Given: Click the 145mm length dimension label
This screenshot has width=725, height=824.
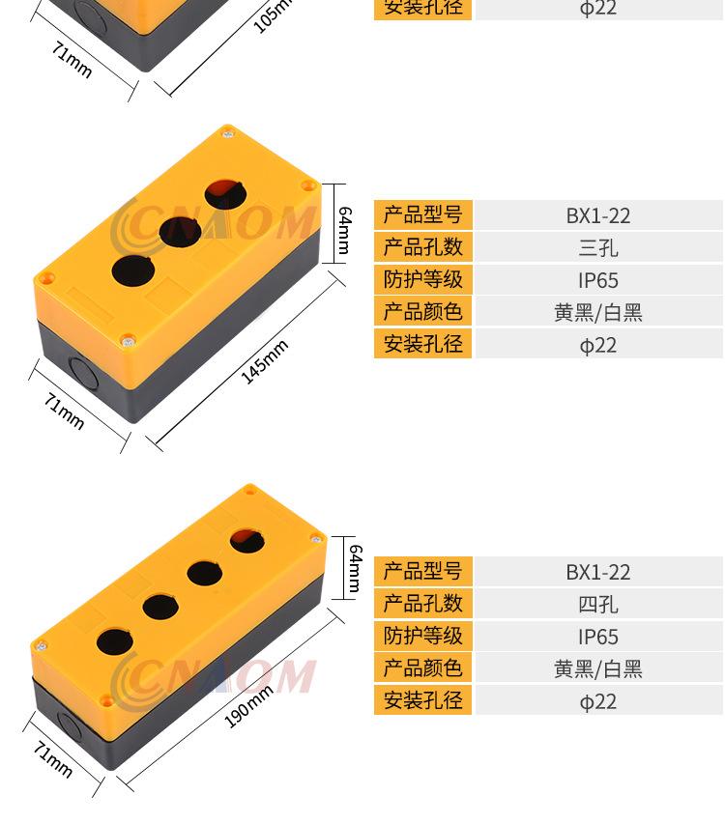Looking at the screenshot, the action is pos(265,361).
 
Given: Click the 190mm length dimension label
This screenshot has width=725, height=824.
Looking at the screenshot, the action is pos(248,706).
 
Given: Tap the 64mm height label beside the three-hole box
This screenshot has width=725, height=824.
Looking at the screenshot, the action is pos(344,230).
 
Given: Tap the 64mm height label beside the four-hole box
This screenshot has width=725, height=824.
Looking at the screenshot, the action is pos(356,568).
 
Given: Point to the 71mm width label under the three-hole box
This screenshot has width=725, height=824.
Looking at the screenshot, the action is pos(64,411).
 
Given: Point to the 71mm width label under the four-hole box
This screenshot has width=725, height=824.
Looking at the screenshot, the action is pos(53,759).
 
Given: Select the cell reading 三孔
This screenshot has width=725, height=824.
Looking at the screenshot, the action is pos(598,247).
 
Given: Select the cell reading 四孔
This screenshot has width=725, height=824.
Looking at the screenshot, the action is pos(598,605).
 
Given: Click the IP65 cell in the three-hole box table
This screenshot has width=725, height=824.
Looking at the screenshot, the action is pos(598,280).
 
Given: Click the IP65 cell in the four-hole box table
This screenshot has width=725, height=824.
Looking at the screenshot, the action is pos(598,637).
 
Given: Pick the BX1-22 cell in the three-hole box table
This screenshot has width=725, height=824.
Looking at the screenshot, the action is pos(598,215).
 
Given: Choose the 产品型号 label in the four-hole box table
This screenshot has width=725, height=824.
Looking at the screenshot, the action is pos(422,571).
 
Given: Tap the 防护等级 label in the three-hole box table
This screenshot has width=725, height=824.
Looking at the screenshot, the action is pos(422,279).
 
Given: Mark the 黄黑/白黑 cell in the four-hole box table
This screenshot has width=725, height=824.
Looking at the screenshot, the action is pos(598,669).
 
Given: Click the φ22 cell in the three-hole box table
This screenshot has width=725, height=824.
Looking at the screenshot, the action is pos(598,345).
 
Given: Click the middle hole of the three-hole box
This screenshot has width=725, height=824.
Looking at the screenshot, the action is pos(180,231).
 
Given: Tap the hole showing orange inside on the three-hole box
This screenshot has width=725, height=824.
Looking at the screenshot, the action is pos(225,194).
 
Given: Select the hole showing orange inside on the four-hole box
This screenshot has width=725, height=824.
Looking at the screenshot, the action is pos(247,541).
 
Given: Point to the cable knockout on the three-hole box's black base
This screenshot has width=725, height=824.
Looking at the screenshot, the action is pos(85,373).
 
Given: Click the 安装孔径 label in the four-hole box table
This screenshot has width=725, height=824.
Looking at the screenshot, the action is pos(422,700).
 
